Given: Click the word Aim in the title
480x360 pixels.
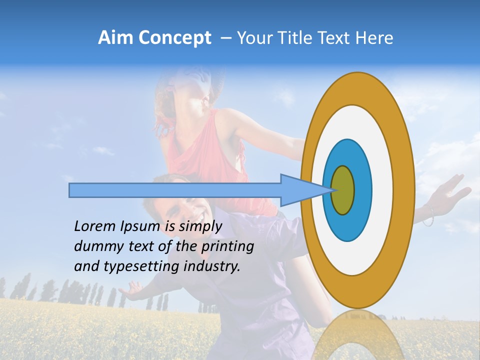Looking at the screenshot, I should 115,38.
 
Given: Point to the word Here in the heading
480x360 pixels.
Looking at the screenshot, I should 374,38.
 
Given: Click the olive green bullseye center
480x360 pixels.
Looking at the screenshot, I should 343,190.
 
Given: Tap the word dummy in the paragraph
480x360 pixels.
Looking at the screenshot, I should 95,246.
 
